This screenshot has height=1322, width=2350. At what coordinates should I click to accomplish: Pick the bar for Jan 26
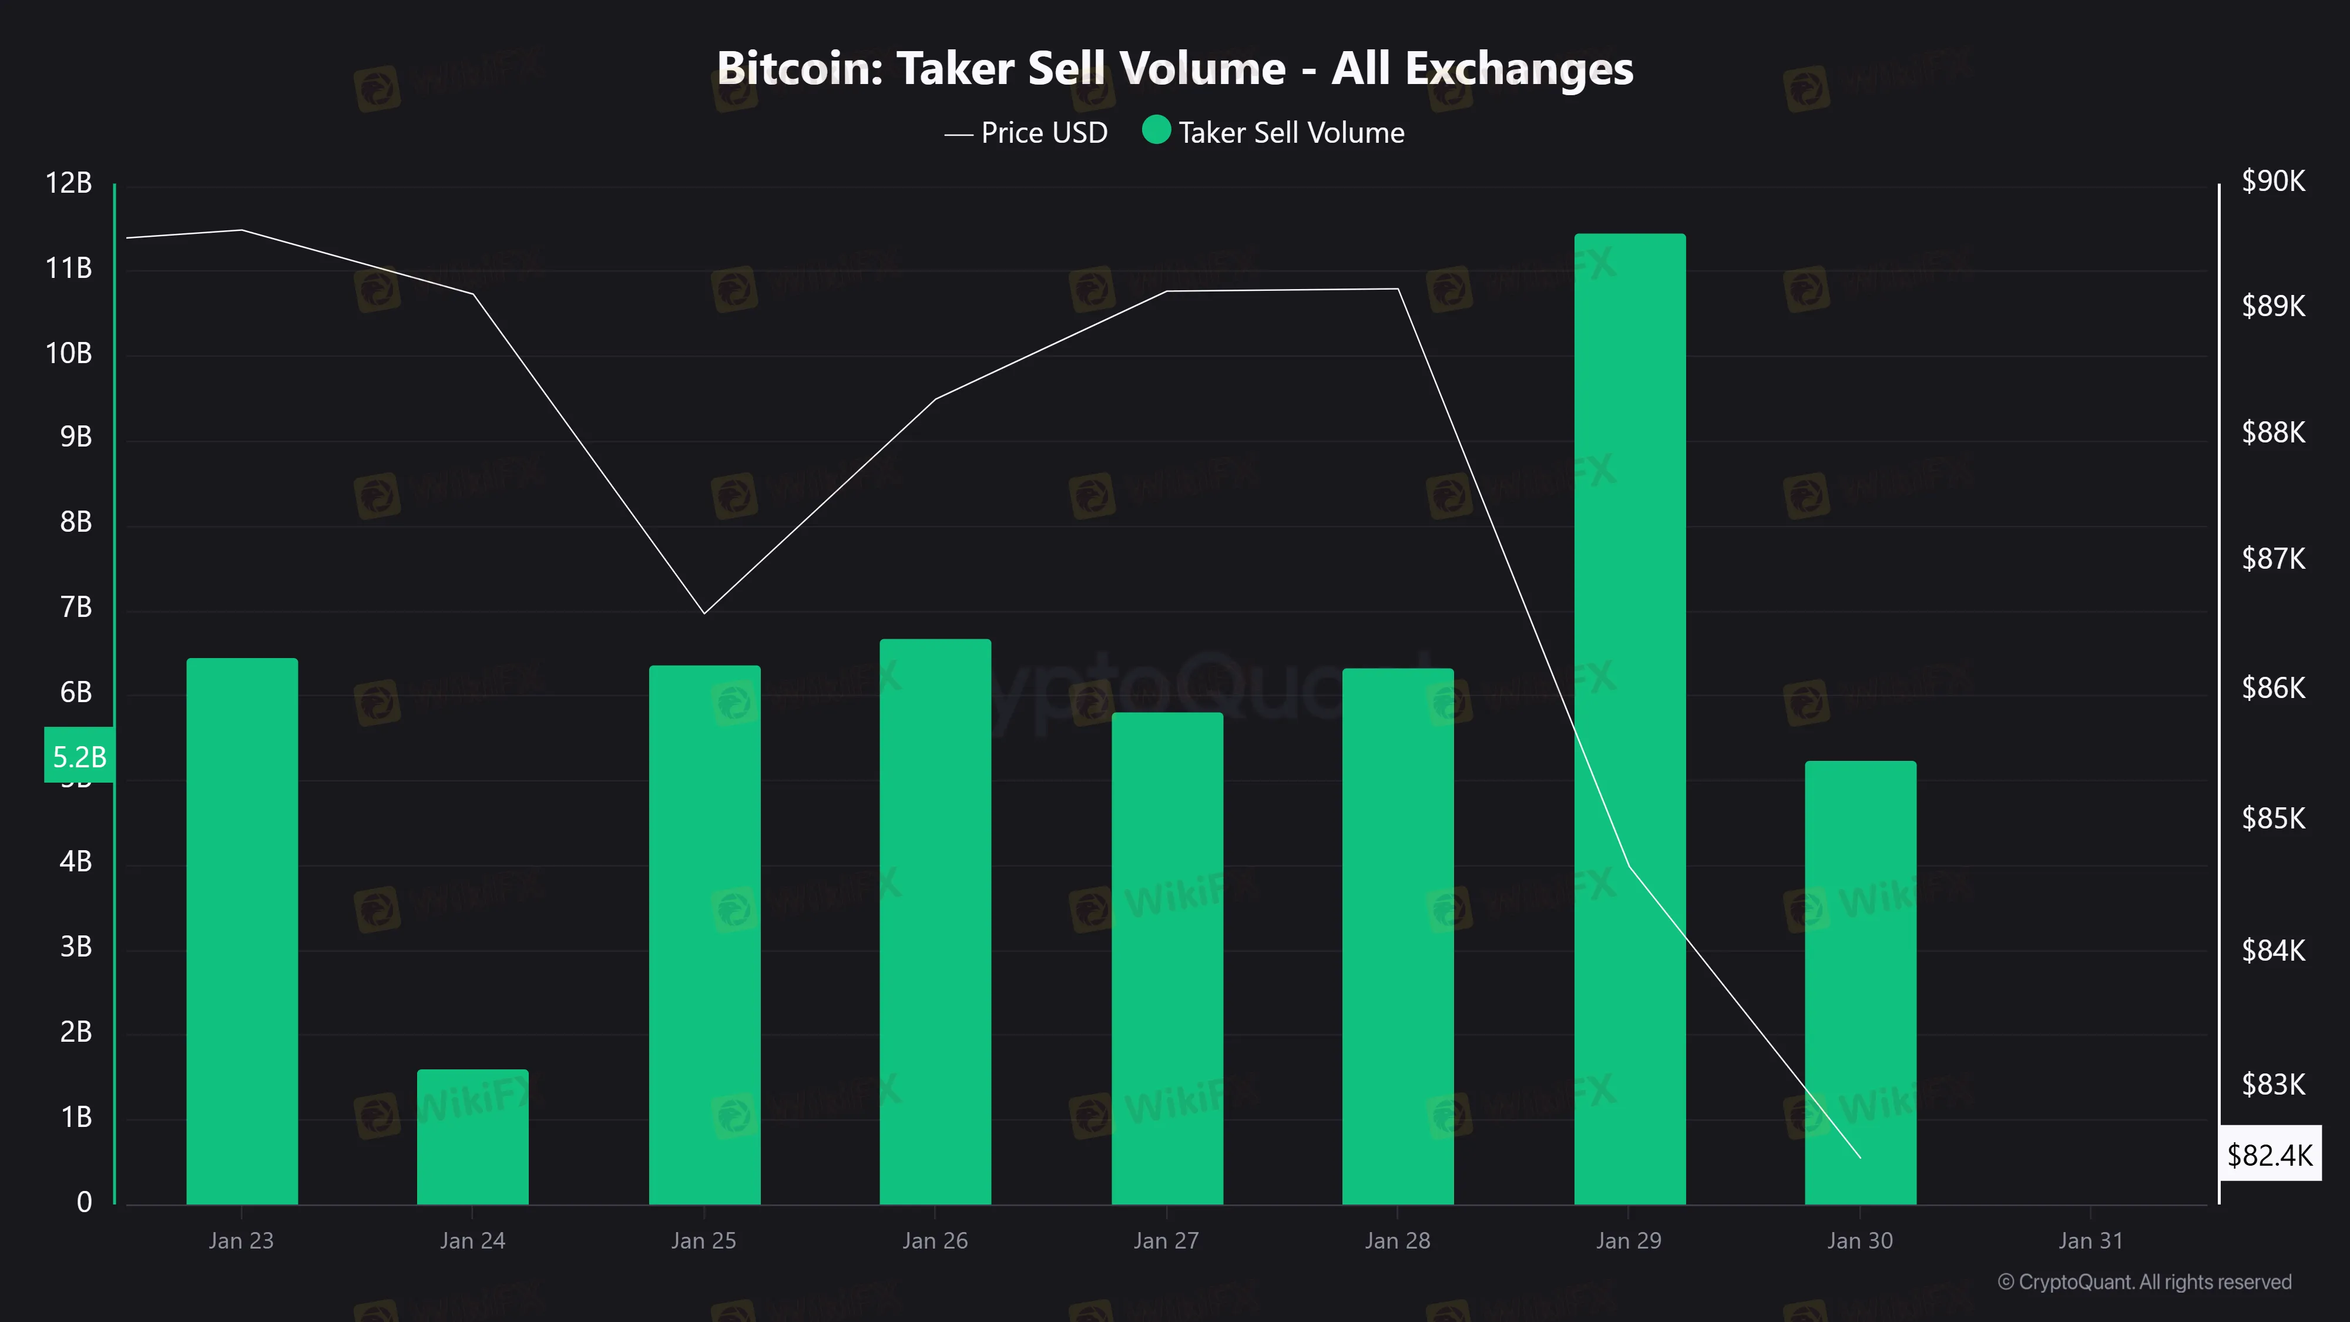[935, 921]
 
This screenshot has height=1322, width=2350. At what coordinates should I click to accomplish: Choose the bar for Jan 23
[241, 931]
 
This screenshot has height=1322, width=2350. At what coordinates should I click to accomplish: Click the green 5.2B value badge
[79, 756]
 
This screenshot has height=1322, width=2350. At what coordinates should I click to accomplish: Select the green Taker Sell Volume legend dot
[1156, 130]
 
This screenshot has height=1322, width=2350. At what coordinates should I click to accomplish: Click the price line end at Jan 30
[1860, 1157]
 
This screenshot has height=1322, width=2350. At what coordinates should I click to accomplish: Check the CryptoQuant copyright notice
[2144, 1282]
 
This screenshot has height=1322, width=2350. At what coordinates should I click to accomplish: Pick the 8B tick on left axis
[76, 522]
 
